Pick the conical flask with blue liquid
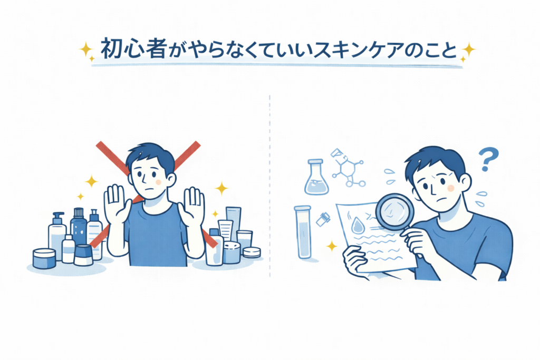[316, 177]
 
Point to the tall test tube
[303, 232]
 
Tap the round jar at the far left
[44, 258]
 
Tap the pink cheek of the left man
[158, 182]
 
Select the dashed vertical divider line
[269, 186]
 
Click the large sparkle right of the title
[468, 50]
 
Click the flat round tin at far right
[252, 252]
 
